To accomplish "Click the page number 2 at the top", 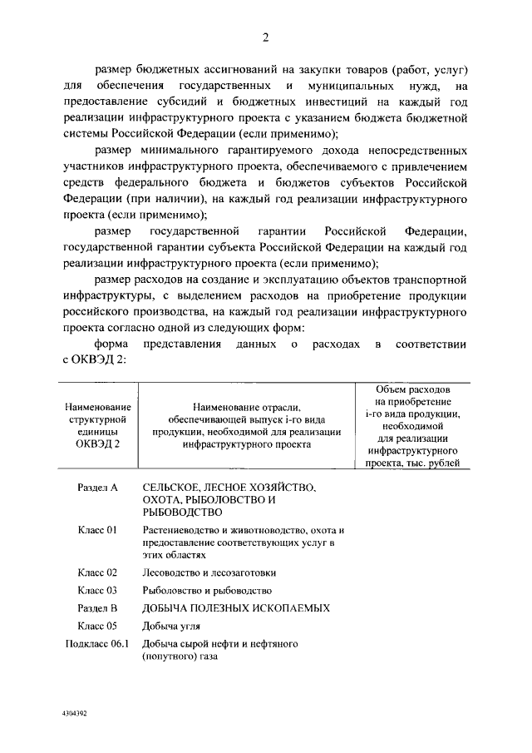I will pyautogui.click(x=265, y=37).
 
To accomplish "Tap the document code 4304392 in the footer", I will pyautogui.click(x=74, y=714).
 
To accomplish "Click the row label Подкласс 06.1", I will pyautogui.click(x=96, y=644).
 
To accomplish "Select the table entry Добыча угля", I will pyautogui.click(x=172, y=626).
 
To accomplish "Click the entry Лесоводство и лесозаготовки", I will pyautogui.click(x=209, y=572).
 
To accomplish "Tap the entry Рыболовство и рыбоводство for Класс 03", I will pyautogui.click(x=207, y=591).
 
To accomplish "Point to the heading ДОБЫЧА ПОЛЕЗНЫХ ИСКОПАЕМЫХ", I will pyautogui.click(x=236, y=608).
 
